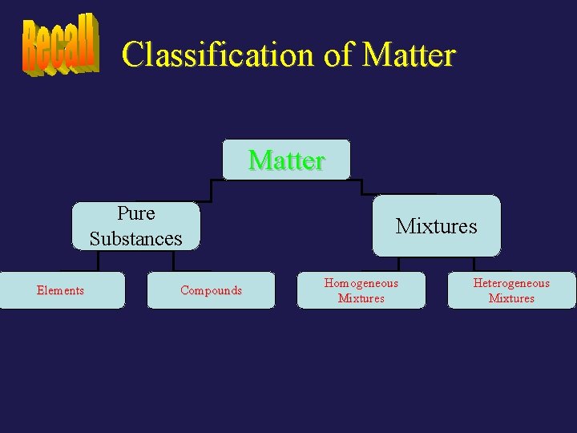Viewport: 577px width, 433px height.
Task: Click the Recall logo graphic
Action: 60,46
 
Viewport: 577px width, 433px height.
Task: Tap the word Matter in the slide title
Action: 409,55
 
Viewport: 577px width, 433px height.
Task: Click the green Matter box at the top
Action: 286,160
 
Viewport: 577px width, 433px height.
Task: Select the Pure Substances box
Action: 135,226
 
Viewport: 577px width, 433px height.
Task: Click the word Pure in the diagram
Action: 136,213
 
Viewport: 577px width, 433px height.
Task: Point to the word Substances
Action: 136,239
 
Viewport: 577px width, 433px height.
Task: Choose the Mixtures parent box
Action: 436,226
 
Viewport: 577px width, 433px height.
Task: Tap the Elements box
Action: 61,290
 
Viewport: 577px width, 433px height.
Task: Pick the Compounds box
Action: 211,290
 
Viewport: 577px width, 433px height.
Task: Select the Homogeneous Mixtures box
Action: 361,290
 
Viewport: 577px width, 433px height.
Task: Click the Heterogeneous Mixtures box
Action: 511,290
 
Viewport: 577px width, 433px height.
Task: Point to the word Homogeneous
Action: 361,283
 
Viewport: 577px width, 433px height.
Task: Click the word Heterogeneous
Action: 511,283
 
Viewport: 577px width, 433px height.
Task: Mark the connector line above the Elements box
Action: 98,262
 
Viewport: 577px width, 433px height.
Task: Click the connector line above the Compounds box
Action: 173,262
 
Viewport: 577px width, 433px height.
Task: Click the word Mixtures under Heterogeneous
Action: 511,298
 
